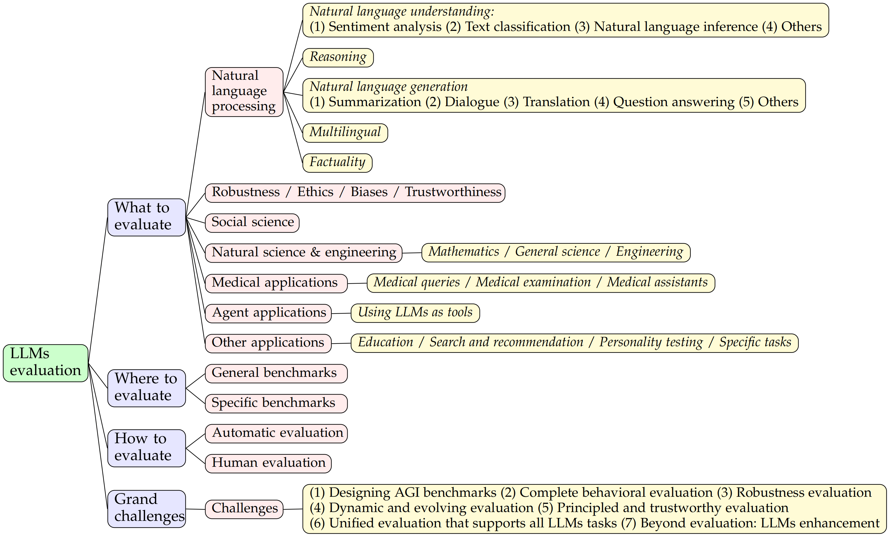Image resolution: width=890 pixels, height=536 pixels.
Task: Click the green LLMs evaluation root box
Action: (x=46, y=363)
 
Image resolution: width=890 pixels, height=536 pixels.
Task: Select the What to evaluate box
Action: (x=146, y=217)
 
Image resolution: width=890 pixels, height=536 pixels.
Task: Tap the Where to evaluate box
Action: (x=146, y=388)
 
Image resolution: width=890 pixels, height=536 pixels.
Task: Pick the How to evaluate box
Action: (x=146, y=448)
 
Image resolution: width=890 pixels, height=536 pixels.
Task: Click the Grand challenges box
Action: (x=146, y=508)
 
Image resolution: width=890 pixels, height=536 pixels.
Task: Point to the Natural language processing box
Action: (x=244, y=92)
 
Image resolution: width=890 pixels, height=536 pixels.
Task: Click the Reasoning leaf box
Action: (x=338, y=58)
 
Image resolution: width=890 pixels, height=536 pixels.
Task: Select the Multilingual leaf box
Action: (x=345, y=133)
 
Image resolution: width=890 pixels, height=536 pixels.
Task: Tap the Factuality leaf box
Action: (x=337, y=162)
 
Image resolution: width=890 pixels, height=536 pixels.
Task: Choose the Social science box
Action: (x=252, y=222)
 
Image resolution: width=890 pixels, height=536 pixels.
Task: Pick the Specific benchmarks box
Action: (x=276, y=403)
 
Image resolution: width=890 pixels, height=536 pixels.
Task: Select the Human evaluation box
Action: (x=268, y=463)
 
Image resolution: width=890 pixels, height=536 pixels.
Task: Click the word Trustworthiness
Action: (x=453, y=192)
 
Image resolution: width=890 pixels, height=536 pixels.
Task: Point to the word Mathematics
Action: (x=464, y=252)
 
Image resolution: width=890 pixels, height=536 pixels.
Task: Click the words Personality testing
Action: (x=651, y=342)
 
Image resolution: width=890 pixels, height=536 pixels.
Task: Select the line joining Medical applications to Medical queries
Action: (x=357, y=284)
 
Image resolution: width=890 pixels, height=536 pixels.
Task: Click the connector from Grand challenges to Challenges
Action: (x=195, y=509)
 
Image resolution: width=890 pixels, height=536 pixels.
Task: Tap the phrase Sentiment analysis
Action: (x=385, y=27)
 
